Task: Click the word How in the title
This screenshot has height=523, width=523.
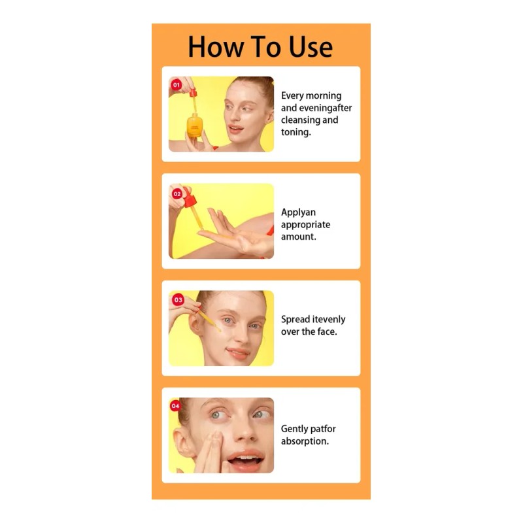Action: pyautogui.click(x=216, y=46)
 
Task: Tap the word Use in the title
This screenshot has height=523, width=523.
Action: pyautogui.click(x=311, y=46)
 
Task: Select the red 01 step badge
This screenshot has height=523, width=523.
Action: pyautogui.click(x=176, y=85)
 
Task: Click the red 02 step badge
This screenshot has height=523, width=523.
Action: pyautogui.click(x=177, y=194)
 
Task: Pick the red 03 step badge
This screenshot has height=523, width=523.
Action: pyautogui.click(x=178, y=299)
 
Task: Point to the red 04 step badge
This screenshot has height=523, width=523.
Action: pyautogui.click(x=175, y=406)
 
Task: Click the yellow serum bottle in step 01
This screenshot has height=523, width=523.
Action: pyautogui.click(x=194, y=125)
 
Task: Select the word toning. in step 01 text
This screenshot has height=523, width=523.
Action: pyautogui.click(x=296, y=132)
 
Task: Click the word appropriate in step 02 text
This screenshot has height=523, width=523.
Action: pyautogui.click(x=305, y=224)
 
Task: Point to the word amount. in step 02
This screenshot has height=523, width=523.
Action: pyautogui.click(x=299, y=237)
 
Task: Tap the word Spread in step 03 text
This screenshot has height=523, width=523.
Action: pyautogui.click(x=295, y=320)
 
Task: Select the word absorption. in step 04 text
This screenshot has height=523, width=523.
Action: pyautogui.click(x=305, y=441)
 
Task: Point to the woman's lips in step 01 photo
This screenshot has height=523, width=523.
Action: pyautogui.click(x=236, y=129)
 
